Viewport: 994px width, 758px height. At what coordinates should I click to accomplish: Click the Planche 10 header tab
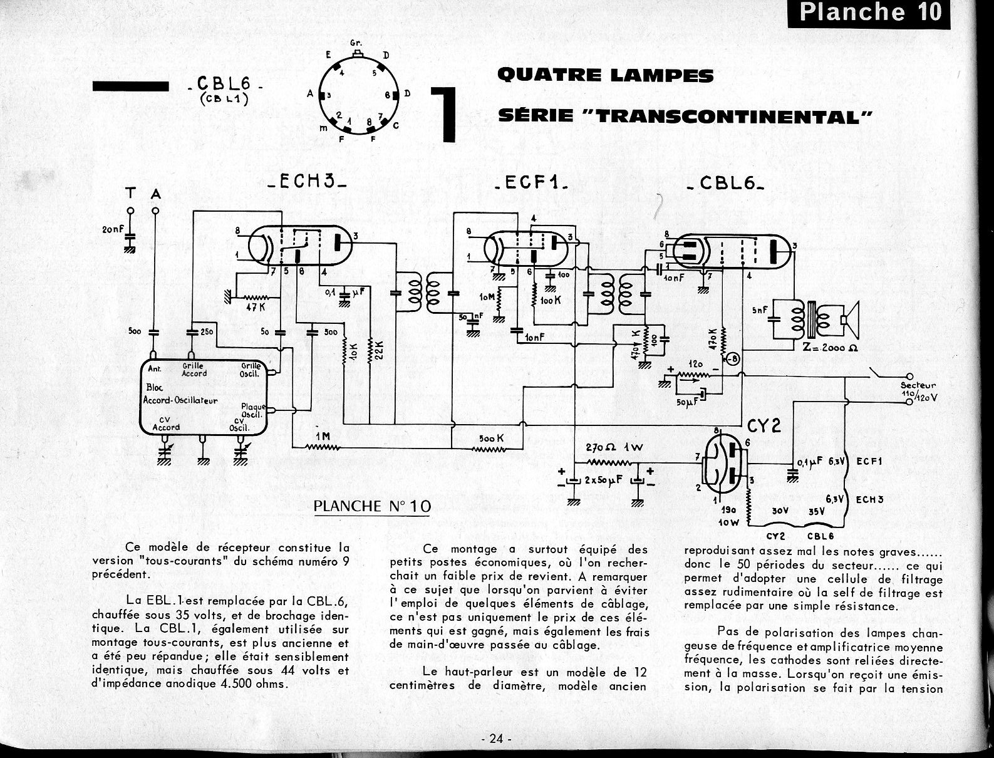click(x=869, y=13)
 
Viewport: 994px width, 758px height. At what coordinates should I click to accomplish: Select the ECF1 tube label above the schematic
click(x=531, y=184)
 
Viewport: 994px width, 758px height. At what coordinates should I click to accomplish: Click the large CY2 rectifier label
click(x=765, y=425)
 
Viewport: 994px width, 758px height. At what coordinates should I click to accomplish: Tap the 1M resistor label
click(x=322, y=436)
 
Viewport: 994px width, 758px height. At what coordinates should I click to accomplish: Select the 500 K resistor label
click(x=491, y=439)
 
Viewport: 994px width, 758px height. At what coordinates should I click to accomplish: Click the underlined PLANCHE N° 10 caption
click(x=372, y=506)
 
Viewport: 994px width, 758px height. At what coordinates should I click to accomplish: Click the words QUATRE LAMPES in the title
click(x=605, y=76)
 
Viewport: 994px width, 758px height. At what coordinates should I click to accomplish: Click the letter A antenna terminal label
click(x=156, y=195)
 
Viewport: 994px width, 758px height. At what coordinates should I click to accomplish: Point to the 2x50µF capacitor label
click(x=603, y=481)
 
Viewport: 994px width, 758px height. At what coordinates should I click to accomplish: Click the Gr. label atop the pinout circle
click(x=357, y=43)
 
